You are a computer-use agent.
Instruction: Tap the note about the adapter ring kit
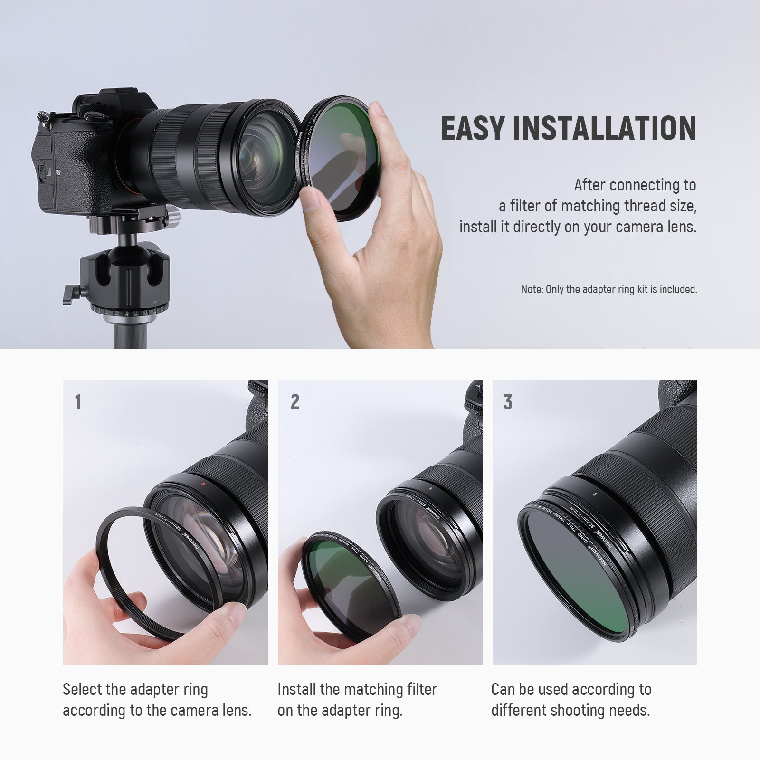point(609,289)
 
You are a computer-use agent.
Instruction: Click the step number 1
point(78,402)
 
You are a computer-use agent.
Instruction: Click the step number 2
point(295,402)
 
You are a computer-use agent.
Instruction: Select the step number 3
point(508,402)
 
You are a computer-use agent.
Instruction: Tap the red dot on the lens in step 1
point(202,485)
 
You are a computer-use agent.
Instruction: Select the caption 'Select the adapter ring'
point(135,689)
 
